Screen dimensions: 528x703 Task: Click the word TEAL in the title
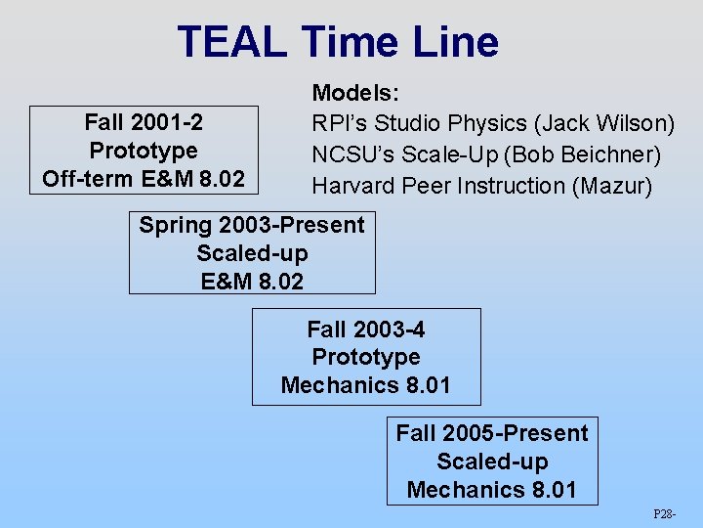(232, 42)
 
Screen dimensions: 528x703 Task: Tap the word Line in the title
(454, 42)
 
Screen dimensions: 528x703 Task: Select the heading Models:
(354, 94)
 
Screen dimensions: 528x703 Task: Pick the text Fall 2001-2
(144, 122)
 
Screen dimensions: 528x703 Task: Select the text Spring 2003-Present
(252, 225)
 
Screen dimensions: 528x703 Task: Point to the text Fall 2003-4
(366, 329)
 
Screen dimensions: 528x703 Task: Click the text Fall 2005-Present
(492, 433)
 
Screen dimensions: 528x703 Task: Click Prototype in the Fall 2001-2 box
(144, 151)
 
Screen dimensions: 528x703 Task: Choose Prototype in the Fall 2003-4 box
(366, 357)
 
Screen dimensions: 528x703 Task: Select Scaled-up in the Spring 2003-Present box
(252, 253)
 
